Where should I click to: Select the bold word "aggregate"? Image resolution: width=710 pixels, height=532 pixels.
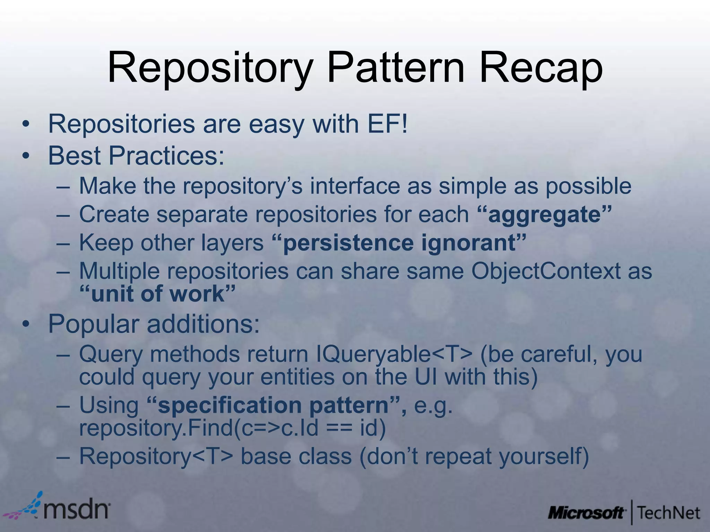pos(544,214)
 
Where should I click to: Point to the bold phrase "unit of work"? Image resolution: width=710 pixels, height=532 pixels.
pos(158,294)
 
